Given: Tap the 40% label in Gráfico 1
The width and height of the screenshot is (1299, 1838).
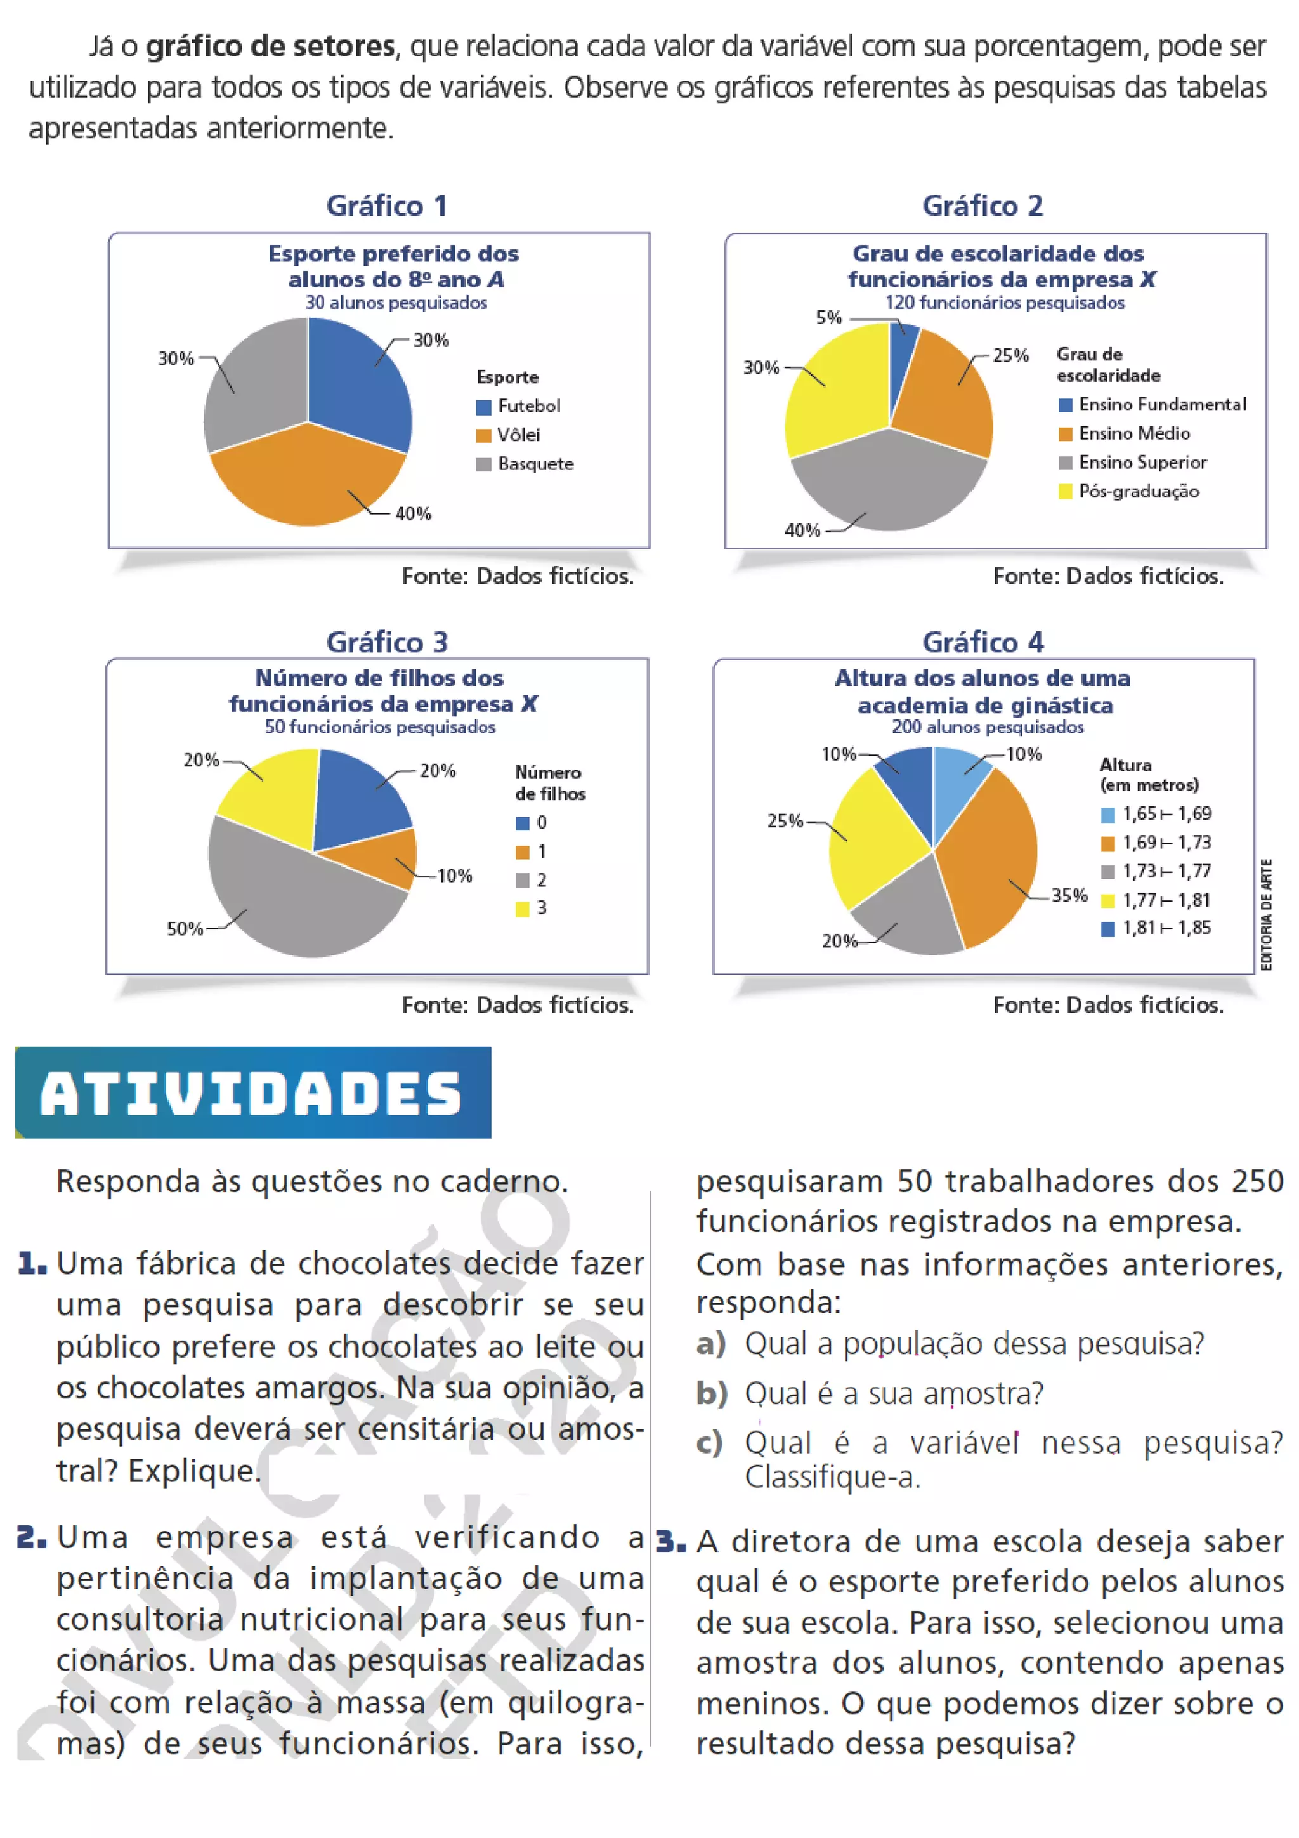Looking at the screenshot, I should coord(413,514).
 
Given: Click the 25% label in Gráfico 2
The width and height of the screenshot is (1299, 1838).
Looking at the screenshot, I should coord(1010,355).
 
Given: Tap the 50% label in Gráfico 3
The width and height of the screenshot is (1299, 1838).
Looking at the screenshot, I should coord(185,929).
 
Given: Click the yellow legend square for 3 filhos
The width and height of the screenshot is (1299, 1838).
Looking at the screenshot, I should coord(523,909).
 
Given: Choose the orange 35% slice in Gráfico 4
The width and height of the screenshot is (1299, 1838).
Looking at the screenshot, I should coord(988,857).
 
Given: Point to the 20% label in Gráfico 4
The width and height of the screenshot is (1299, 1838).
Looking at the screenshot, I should coord(839,942).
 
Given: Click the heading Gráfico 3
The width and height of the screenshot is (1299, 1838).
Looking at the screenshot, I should coord(388,642).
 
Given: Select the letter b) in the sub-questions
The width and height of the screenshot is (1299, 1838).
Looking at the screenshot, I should coord(711,1394).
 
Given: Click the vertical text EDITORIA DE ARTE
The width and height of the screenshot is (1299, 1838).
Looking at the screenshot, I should coord(1266,914).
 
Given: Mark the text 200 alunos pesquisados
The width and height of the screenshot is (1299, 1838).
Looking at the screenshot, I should coord(988,727).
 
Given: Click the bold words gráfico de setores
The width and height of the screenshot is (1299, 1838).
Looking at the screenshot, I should coord(270,46).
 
